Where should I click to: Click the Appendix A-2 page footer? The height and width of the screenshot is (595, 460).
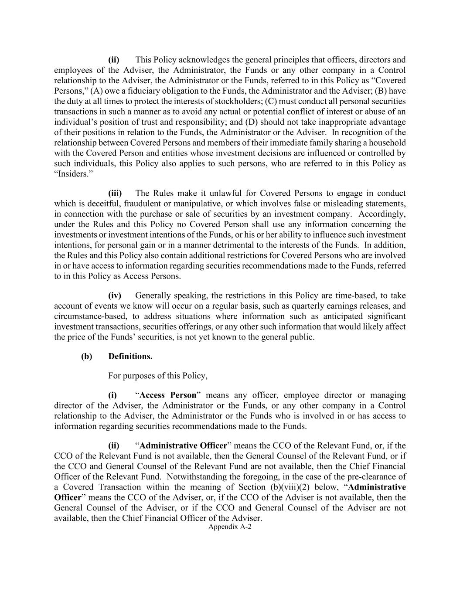(x=230, y=527)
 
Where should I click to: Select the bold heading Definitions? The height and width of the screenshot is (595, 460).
(x=130, y=356)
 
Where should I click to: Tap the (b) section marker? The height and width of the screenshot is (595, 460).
(x=86, y=356)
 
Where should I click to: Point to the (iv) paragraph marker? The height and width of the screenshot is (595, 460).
(x=115, y=296)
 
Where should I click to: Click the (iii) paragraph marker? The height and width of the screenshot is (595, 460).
(x=115, y=193)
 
